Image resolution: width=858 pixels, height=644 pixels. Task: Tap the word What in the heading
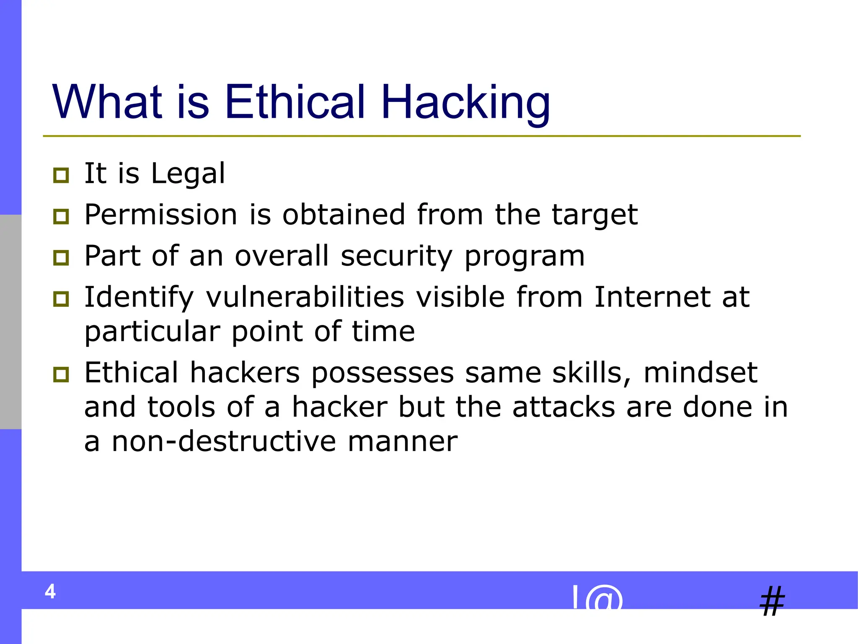(x=107, y=102)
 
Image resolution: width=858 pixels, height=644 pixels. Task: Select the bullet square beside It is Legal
(x=61, y=175)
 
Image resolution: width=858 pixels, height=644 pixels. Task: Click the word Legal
(x=188, y=174)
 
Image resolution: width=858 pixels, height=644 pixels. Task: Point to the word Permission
(x=161, y=215)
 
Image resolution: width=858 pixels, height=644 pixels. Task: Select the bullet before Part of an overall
(x=61, y=257)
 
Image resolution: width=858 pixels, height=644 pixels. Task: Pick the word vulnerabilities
(x=305, y=297)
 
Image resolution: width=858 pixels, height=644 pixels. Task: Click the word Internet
(x=652, y=297)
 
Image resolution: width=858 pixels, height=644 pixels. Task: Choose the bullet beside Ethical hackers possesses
(x=61, y=374)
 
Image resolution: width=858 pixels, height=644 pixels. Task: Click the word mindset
(x=700, y=373)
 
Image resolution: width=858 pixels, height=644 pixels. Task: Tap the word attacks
(x=563, y=407)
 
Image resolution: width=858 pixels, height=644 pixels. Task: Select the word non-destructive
(x=224, y=441)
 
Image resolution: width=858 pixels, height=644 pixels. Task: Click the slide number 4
(x=50, y=592)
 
